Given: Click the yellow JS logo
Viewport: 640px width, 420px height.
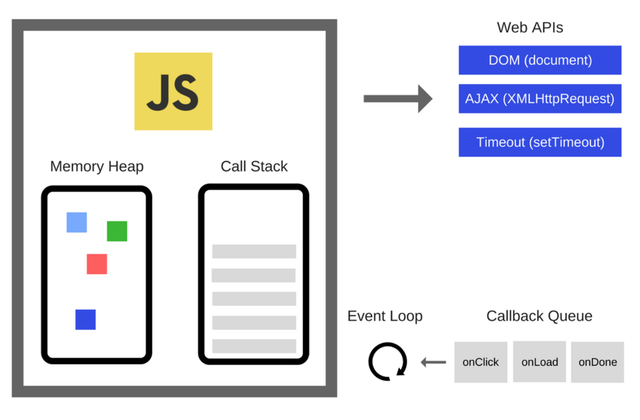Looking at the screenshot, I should click(173, 91).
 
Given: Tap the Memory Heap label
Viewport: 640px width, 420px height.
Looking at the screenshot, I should click(97, 167).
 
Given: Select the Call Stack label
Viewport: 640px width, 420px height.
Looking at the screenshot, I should click(254, 167).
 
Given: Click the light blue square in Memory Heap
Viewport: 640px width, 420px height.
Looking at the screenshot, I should click(76, 222).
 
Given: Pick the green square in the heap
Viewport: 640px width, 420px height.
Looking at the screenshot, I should click(117, 231).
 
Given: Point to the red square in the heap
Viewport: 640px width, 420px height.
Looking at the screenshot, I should click(97, 264).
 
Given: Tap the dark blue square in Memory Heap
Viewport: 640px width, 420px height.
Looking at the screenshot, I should click(85, 319).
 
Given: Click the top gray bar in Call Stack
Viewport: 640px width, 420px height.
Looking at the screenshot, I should click(254, 251).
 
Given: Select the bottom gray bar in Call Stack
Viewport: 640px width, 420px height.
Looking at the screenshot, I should click(254, 346).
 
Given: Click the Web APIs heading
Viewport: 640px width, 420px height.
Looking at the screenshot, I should click(530, 28).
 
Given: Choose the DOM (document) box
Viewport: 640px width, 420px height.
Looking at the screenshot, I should click(540, 60).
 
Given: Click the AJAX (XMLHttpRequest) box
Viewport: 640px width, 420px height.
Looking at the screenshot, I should click(540, 99).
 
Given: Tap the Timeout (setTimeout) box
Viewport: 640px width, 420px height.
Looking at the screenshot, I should click(540, 142).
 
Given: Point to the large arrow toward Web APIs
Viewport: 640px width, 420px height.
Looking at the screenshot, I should click(397, 99).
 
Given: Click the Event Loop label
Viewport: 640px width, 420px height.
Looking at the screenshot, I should click(385, 316).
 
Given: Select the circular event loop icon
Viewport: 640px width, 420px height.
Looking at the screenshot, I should click(388, 362).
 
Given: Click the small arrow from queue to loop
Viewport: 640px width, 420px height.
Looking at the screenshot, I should click(433, 362).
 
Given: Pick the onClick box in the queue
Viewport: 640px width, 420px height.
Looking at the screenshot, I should click(480, 362).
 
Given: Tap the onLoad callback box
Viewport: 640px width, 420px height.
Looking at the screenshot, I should click(539, 362).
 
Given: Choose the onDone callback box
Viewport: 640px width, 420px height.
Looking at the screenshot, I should click(597, 362).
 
